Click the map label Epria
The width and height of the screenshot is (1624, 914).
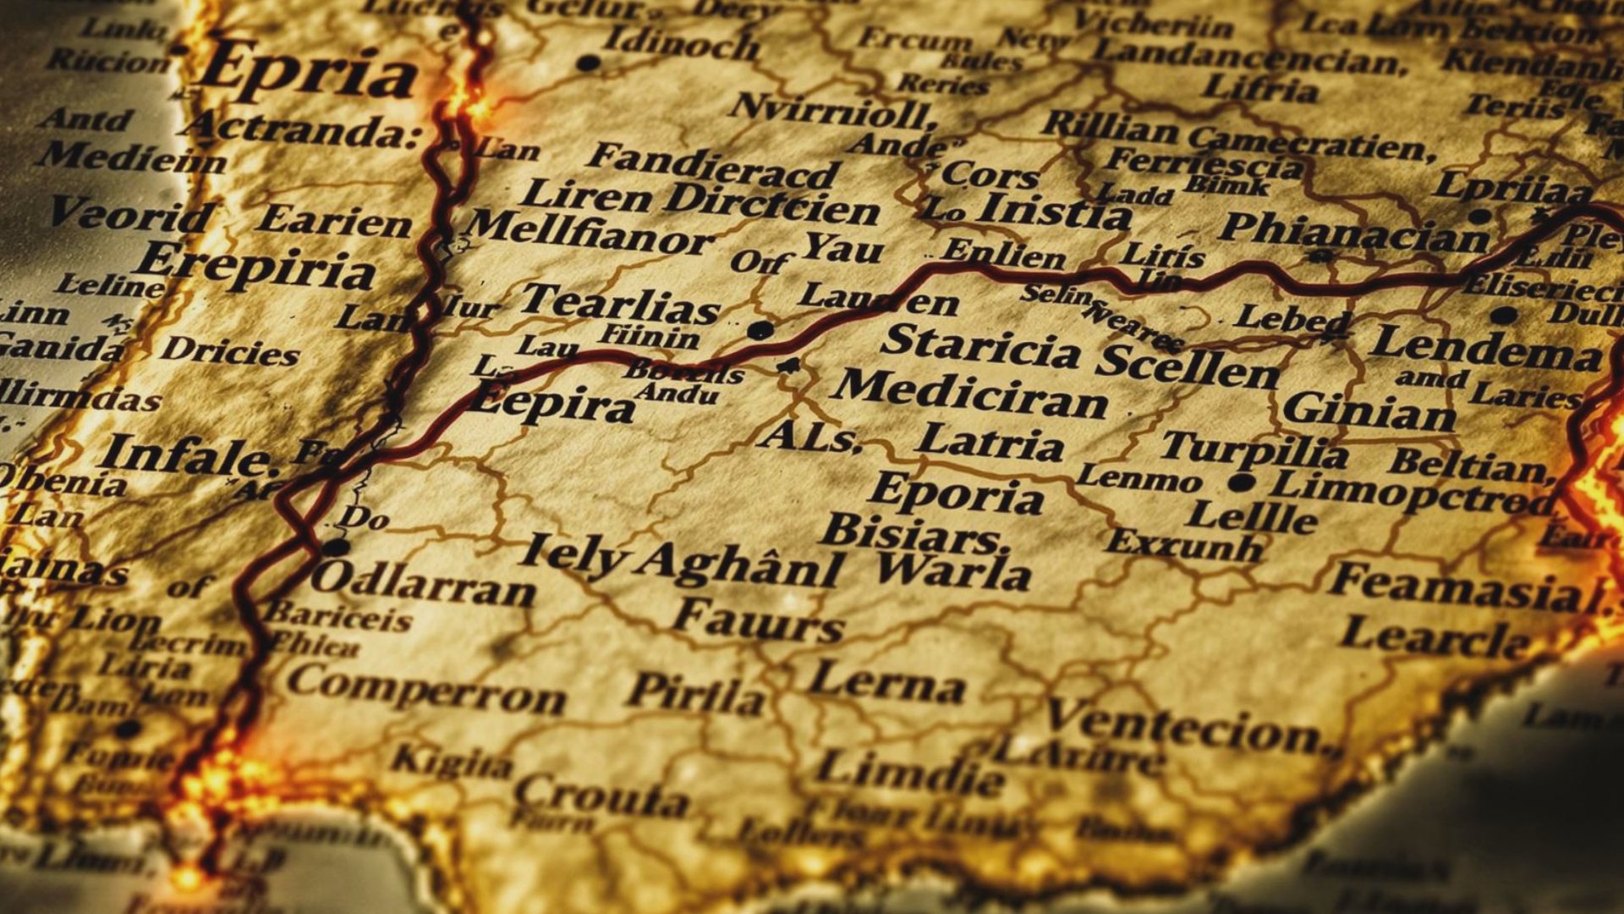coord(310,71)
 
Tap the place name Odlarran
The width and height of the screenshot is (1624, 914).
coord(423,585)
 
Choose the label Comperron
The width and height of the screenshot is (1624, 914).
coord(426,690)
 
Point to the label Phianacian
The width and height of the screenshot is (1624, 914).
coord(1353,231)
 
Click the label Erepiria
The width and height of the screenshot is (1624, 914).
coord(255,267)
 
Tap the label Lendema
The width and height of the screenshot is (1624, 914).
coord(1485,348)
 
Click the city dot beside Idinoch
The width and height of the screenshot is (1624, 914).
coord(588,63)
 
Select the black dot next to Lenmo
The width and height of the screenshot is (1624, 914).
coord(1240,483)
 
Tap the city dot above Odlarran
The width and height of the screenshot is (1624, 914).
coord(336,548)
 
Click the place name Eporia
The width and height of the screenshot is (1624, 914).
coord(955,493)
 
